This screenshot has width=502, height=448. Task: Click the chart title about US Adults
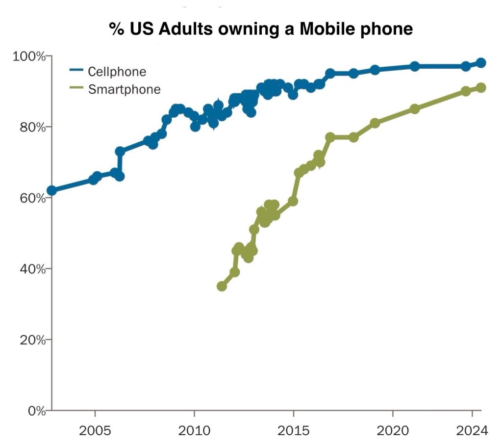pos(261,29)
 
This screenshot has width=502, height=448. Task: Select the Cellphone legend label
pos(117,72)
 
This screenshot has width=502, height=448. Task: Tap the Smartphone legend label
pos(124,89)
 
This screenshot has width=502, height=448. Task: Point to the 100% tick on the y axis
pos(28,56)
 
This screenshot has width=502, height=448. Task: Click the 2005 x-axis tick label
pos(95,431)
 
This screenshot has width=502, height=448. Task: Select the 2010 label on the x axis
pos(194,431)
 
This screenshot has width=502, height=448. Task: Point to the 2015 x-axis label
pos(294,431)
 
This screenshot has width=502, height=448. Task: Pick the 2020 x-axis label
pos(393,431)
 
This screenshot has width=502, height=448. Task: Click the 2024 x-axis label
pos(472,431)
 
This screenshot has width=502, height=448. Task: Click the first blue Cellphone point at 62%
pos(51,190)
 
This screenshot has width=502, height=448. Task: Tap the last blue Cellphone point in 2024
pos(481,63)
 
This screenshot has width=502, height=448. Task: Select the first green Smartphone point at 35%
pos(222,286)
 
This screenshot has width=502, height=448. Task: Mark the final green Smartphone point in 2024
pos(481,87)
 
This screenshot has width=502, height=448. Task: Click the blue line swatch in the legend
pos(76,72)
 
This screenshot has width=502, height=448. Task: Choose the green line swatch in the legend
pos(76,89)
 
